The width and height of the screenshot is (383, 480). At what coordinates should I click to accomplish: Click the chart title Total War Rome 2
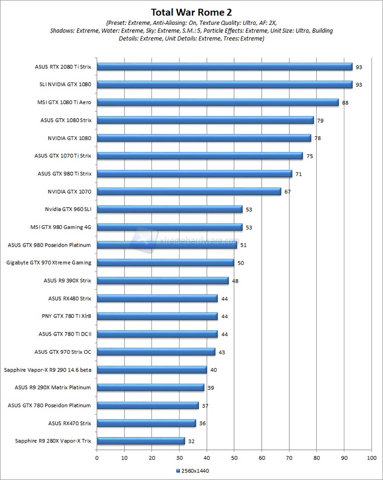coord(191,12)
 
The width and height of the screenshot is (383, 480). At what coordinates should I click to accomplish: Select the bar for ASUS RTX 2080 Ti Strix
coord(224,67)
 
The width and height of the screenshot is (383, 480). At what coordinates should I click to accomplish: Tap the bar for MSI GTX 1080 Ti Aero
coord(218,102)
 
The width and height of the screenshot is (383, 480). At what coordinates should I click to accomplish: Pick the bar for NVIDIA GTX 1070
coord(189,192)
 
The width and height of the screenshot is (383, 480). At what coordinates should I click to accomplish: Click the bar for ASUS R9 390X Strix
coord(163,280)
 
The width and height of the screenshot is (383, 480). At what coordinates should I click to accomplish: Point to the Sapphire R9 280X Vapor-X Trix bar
coord(141,441)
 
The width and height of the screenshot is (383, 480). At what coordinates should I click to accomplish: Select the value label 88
coord(345,103)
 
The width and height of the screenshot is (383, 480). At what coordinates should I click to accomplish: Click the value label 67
coord(287,192)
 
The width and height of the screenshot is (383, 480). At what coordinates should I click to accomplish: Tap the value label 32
coord(191,441)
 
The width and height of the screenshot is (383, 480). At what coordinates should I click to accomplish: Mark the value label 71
coord(299,174)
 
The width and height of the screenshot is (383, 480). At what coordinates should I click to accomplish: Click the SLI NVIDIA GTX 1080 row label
coord(66,84)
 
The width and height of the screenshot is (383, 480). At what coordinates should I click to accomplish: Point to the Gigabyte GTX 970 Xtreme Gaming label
coord(49,263)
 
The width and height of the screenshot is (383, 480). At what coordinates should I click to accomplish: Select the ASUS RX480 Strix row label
coord(69,298)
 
